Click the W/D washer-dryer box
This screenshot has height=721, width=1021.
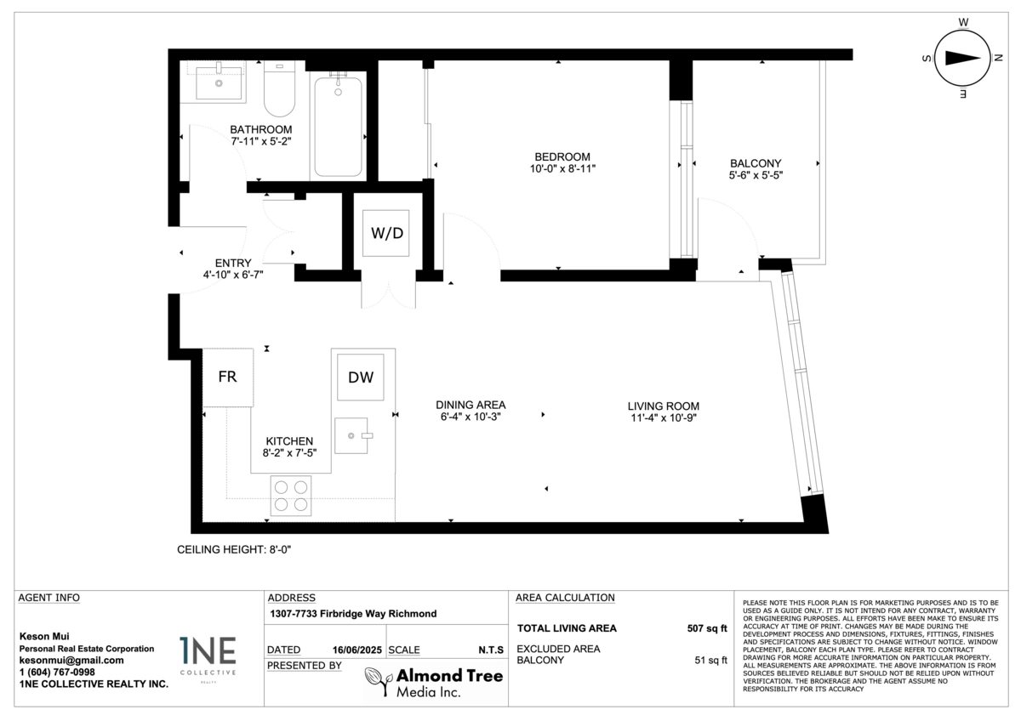point(385,233)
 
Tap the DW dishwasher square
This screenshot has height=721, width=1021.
point(361,378)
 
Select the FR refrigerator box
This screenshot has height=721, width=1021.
point(228,378)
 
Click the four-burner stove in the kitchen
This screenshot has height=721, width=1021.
point(291,496)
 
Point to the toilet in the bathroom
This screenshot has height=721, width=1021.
point(279,88)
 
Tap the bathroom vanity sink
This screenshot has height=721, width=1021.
point(219,82)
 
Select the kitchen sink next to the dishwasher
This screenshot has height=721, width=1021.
point(352,436)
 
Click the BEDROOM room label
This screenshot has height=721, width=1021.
point(562,157)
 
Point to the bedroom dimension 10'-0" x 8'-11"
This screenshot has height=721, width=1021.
point(562,169)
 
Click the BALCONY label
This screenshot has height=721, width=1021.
point(756,163)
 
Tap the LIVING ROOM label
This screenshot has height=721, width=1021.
point(663,406)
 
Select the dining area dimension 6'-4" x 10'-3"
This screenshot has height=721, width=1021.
point(471,417)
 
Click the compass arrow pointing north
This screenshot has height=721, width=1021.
point(962,58)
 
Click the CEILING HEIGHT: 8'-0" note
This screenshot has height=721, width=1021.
point(234,550)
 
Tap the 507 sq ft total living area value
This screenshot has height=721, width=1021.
point(707,628)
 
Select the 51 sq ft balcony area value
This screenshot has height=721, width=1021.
point(710,660)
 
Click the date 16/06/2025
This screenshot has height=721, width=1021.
point(356,650)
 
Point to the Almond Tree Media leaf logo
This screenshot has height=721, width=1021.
point(379,681)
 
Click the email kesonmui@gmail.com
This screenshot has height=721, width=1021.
point(71,661)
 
